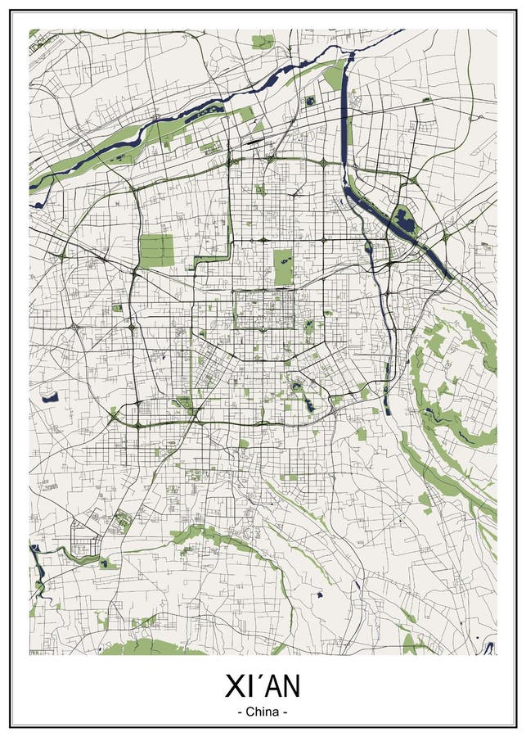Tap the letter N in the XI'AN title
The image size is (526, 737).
(287, 686)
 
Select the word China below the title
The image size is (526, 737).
(263, 712)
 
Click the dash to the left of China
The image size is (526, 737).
(240, 712)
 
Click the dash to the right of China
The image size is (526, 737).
(285, 712)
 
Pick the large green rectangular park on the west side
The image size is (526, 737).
(156, 251)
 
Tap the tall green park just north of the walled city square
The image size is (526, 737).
(283, 267)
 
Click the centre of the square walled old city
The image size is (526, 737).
(264, 310)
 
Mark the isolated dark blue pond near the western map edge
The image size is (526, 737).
(50, 398)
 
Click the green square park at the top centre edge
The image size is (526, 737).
(263, 41)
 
